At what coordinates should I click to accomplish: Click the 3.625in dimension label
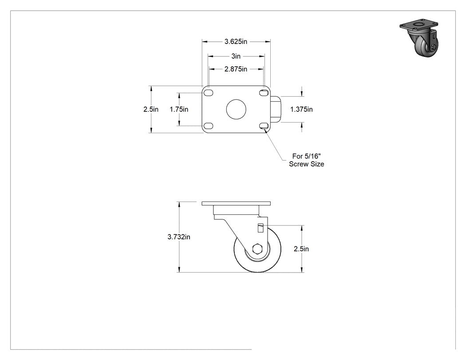(x=236, y=42)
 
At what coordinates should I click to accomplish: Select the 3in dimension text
(x=236, y=56)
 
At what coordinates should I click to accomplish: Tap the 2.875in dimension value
(x=236, y=69)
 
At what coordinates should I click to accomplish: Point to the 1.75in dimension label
(x=179, y=109)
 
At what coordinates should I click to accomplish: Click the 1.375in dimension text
(x=301, y=109)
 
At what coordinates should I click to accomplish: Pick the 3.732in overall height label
(x=179, y=237)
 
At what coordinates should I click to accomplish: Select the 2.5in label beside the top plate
(x=151, y=109)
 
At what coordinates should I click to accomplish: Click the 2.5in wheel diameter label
(x=301, y=249)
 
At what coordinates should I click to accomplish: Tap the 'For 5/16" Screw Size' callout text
(x=306, y=160)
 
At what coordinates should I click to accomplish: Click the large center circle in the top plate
(x=236, y=109)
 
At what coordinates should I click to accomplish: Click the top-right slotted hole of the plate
(x=264, y=93)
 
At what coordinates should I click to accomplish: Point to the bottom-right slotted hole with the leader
(x=264, y=126)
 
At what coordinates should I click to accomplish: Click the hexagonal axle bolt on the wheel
(x=257, y=249)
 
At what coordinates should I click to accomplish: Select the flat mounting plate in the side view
(x=236, y=204)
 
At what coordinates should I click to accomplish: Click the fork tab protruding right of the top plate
(x=275, y=109)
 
